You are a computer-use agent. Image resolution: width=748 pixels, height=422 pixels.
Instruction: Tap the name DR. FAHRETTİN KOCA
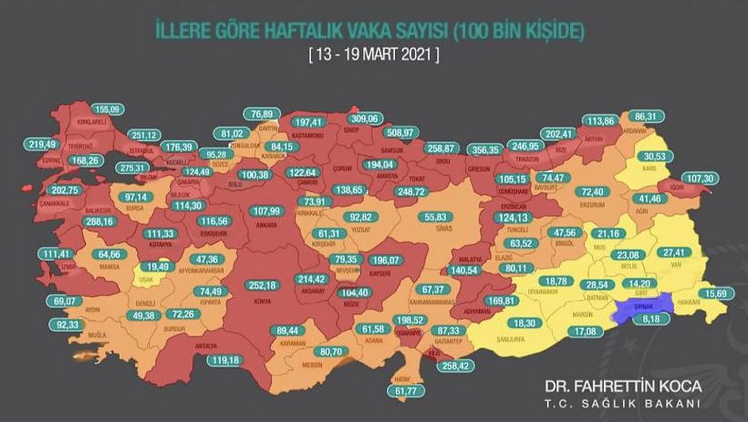pos(620,386)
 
